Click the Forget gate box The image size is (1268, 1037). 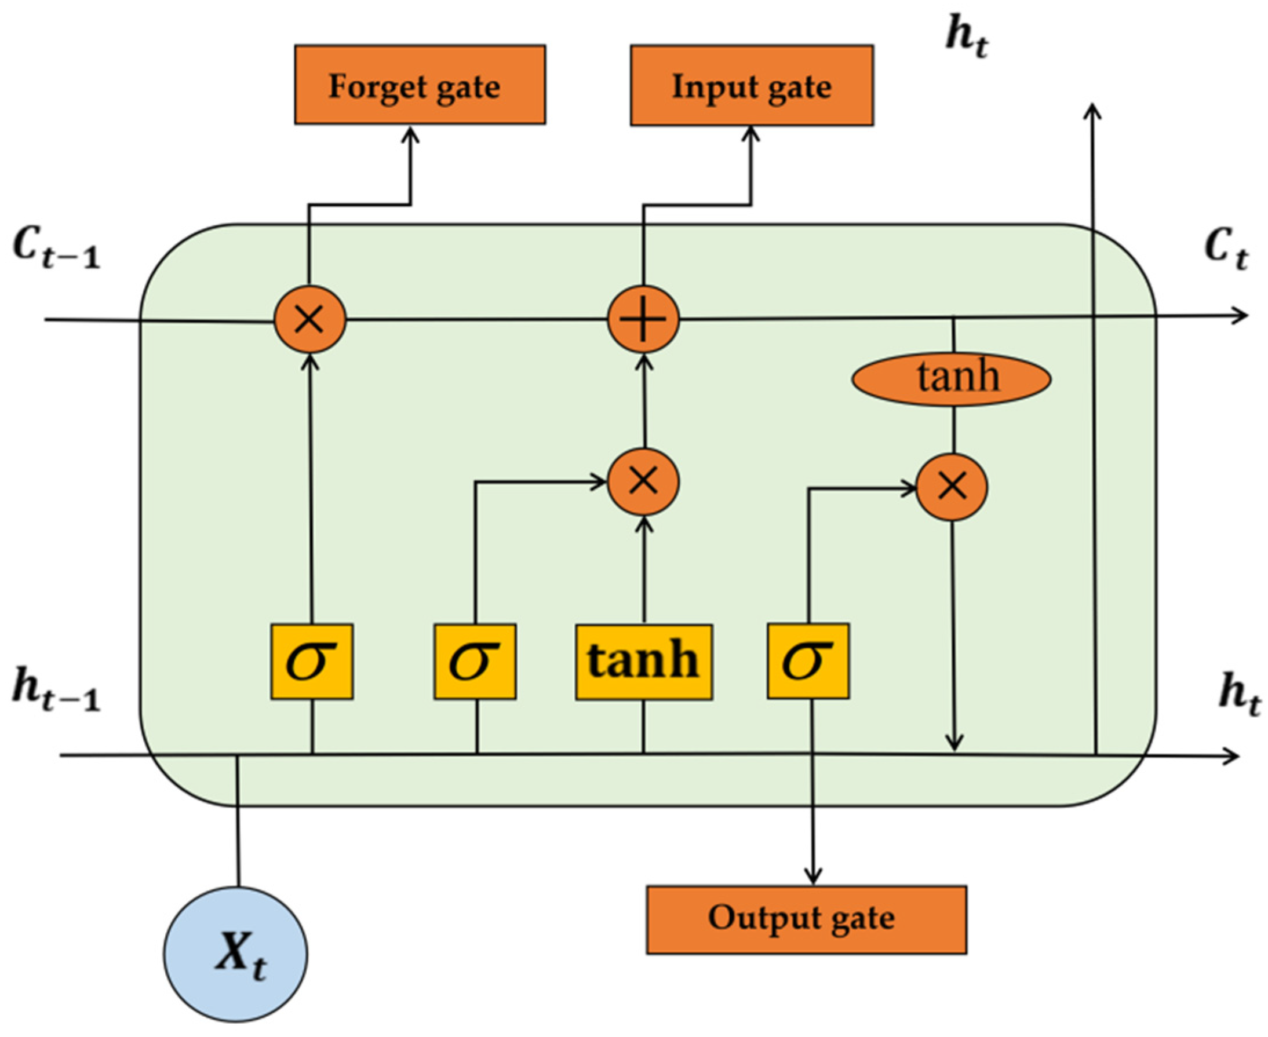(420, 85)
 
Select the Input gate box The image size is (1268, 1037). (752, 85)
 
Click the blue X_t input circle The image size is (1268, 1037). (235, 954)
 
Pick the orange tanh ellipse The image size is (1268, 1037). (952, 379)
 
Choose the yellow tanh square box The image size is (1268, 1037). (643, 662)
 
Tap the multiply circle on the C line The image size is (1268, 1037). (309, 319)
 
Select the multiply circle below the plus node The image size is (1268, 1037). (643, 481)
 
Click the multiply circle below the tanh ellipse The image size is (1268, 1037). (952, 487)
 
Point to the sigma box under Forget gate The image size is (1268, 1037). (311, 662)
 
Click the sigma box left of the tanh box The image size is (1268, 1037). (475, 662)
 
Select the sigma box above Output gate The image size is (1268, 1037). (808, 661)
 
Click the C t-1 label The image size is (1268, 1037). (57, 249)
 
